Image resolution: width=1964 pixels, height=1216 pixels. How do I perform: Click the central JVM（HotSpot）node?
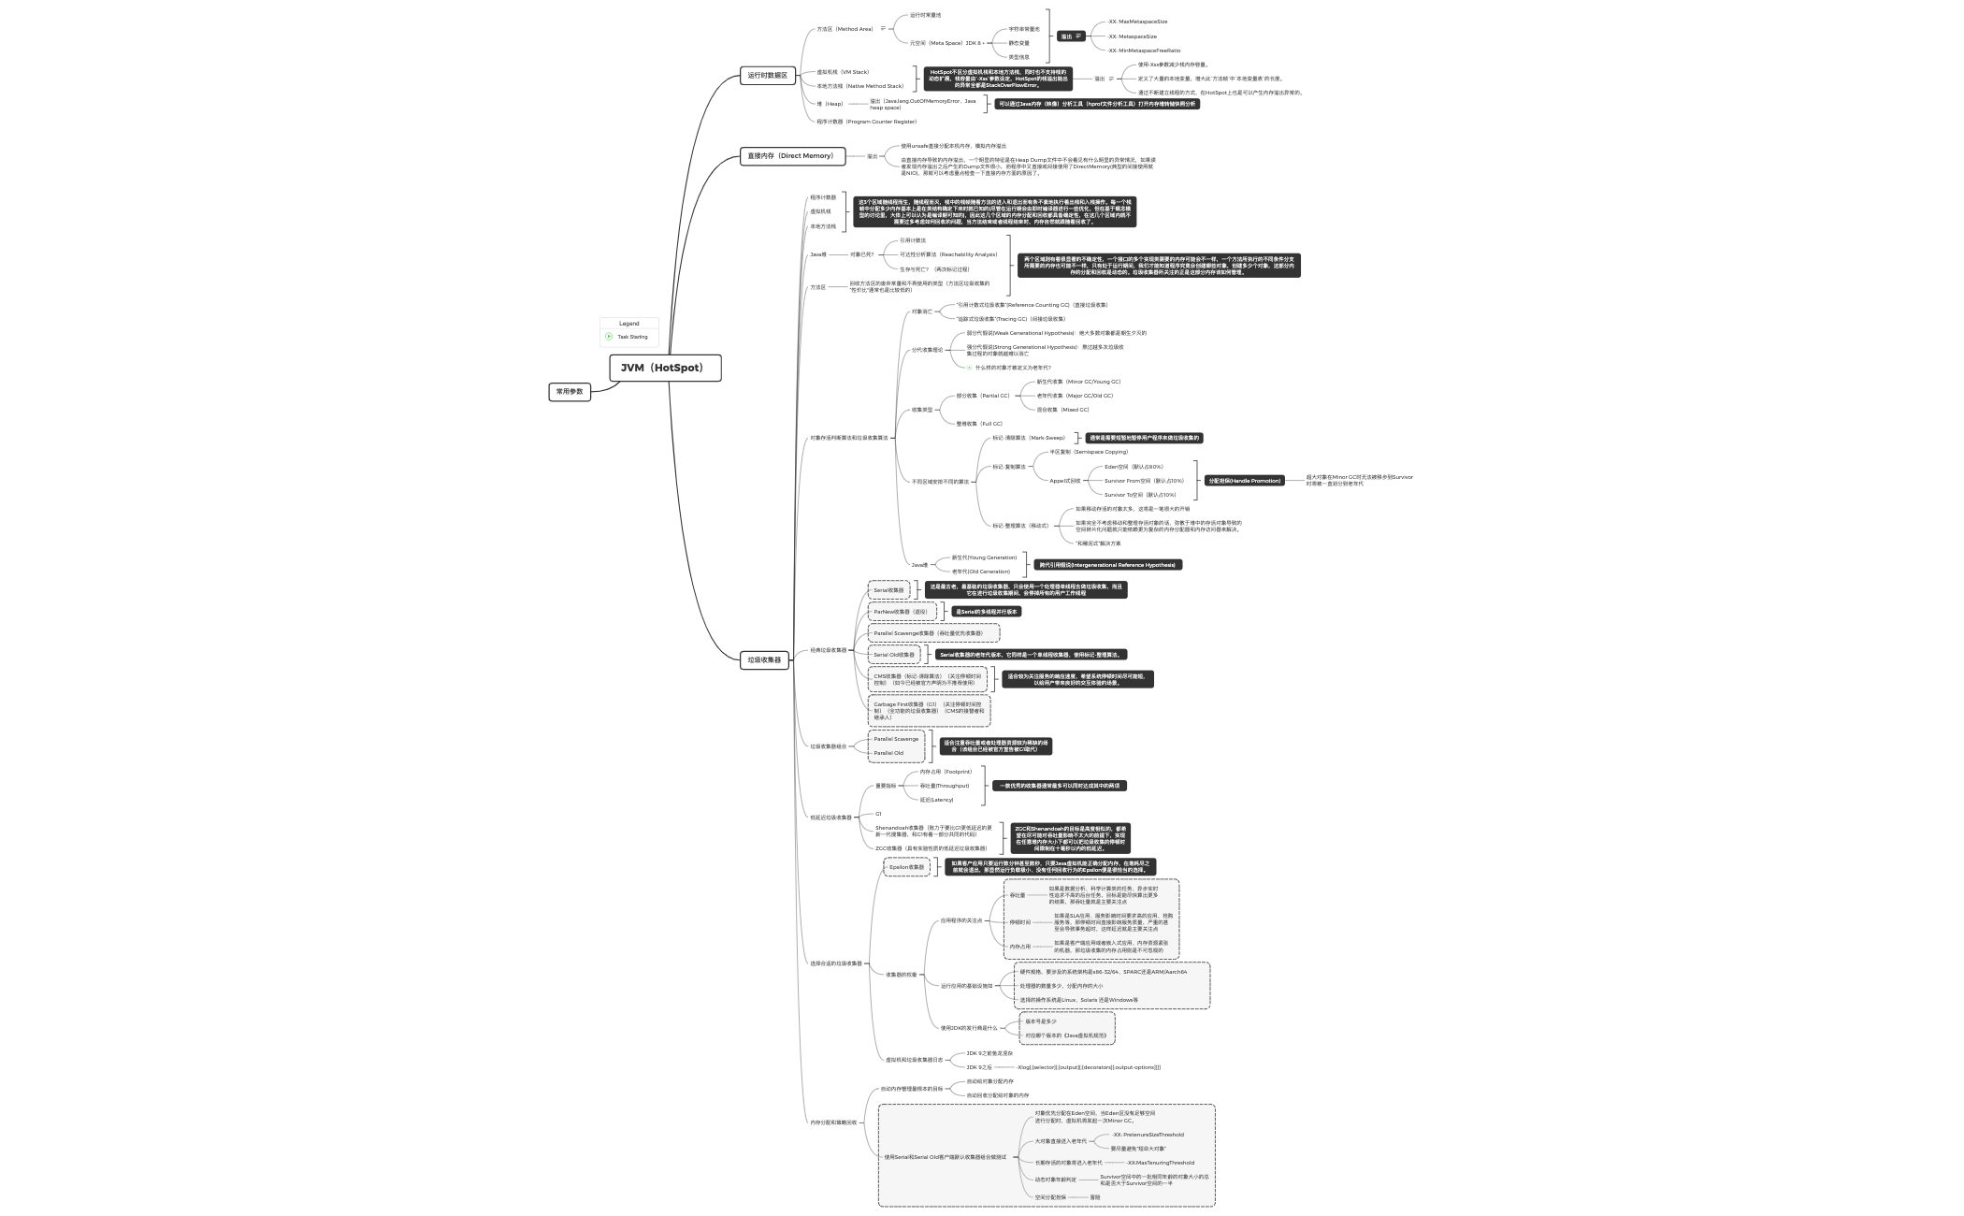click(x=665, y=368)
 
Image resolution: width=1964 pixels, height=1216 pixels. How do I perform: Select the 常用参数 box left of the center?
click(x=570, y=392)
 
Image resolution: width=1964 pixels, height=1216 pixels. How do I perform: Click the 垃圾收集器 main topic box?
click(x=764, y=659)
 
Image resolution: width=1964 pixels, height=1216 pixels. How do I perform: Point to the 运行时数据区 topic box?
click(x=768, y=76)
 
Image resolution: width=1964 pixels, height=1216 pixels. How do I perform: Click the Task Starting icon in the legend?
click(x=609, y=337)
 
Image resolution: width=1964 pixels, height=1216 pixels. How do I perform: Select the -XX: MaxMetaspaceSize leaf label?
click(x=1137, y=22)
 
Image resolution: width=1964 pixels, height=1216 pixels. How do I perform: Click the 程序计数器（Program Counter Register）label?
click(x=866, y=122)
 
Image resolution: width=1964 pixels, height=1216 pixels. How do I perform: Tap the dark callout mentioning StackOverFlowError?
click(x=997, y=79)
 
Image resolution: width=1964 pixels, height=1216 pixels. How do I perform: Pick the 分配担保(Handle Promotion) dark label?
click(x=1243, y=481)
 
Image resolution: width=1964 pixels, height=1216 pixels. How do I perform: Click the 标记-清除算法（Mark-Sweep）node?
click(x=1028, y=438)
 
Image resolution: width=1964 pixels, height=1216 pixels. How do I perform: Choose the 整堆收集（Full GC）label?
click(x=978, y=424)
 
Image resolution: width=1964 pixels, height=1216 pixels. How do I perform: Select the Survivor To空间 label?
click(x=1139, y=495)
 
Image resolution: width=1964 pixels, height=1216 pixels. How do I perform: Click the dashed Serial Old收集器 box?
click(x=893, y=655)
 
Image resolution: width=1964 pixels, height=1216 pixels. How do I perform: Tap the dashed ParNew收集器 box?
click(x=901, y=612)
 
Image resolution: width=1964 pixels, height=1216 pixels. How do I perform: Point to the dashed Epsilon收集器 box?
click(x=906, y=867)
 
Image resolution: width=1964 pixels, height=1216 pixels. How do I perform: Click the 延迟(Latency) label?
click(x=936, y=800)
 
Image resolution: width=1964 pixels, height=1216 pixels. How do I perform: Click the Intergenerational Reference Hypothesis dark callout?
click(x=1107, y=565)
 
